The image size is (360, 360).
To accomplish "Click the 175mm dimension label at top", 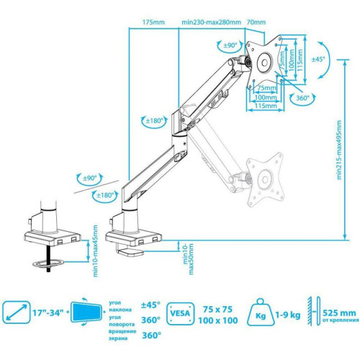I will (x=153, y=22).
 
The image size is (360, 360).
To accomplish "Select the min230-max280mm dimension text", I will (x=212, y=22).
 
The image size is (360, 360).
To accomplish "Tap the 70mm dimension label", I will (x=256, y=22).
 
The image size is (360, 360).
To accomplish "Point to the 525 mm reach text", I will (x=336, y=312).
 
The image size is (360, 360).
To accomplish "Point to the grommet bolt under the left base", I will (x=51, y=257).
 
